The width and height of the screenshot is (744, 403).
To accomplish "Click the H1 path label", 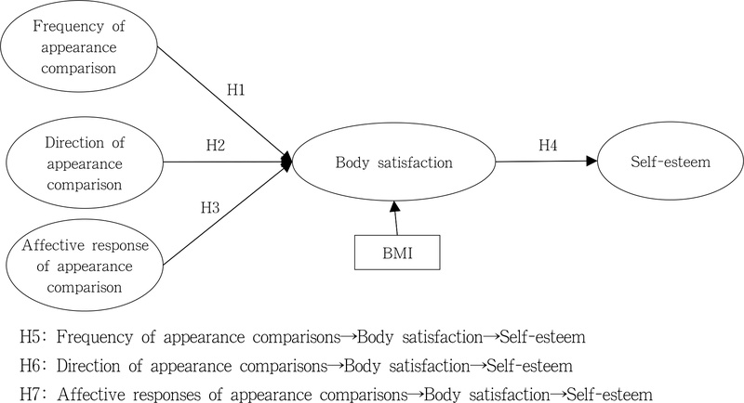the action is click(236, 90).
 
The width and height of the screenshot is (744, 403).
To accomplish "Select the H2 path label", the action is click(216, 146).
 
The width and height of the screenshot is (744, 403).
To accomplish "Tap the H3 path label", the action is click(210, 207).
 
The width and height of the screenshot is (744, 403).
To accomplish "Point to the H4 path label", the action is click(548, 146).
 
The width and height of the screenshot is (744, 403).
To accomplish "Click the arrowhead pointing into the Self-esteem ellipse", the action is click(591, 161).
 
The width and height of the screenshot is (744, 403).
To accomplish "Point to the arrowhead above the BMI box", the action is click(393, 206).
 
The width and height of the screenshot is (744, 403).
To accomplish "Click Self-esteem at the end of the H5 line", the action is click(543, 337).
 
